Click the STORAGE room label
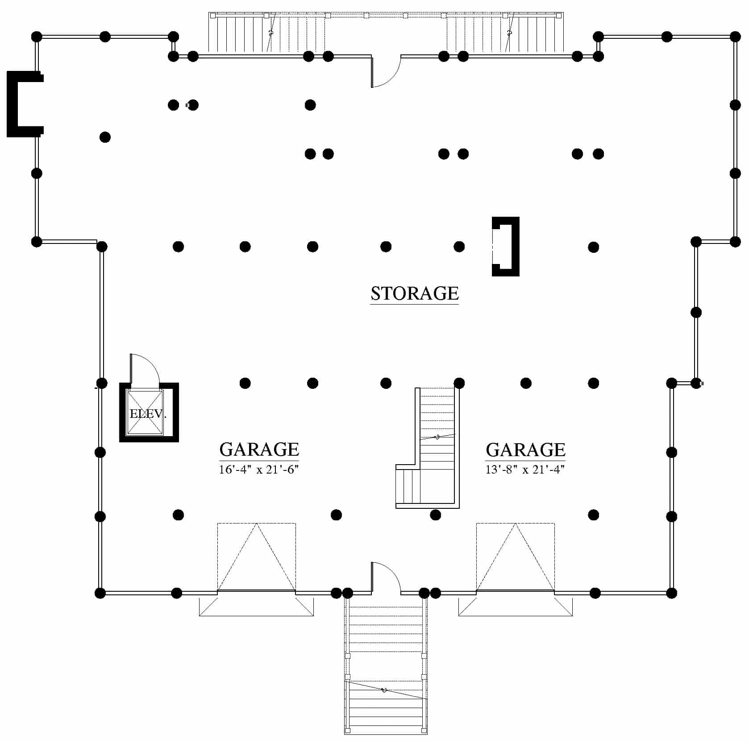415,293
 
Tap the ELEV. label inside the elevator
148,414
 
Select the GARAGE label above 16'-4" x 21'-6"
259,449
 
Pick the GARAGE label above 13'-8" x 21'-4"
525,450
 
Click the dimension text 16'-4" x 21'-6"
258,470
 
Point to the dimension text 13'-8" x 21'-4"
525,470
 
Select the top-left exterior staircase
267,34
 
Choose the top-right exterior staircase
505,34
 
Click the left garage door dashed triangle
257,557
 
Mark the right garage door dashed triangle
516,557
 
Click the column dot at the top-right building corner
735,37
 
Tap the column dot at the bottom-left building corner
100,593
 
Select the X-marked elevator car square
145,412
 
